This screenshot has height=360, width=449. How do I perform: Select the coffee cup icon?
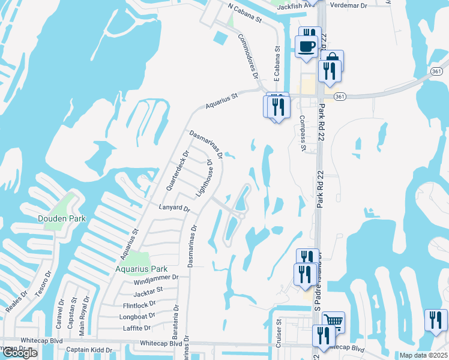pos(307,46)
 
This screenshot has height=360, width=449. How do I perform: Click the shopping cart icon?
pos(333,322)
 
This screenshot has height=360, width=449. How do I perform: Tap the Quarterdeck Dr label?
pos(176,170)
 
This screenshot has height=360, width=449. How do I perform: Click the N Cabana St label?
pos(246,13)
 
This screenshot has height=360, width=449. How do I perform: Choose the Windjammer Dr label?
pos(156,278)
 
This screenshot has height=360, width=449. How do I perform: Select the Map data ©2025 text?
pos(423,355)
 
